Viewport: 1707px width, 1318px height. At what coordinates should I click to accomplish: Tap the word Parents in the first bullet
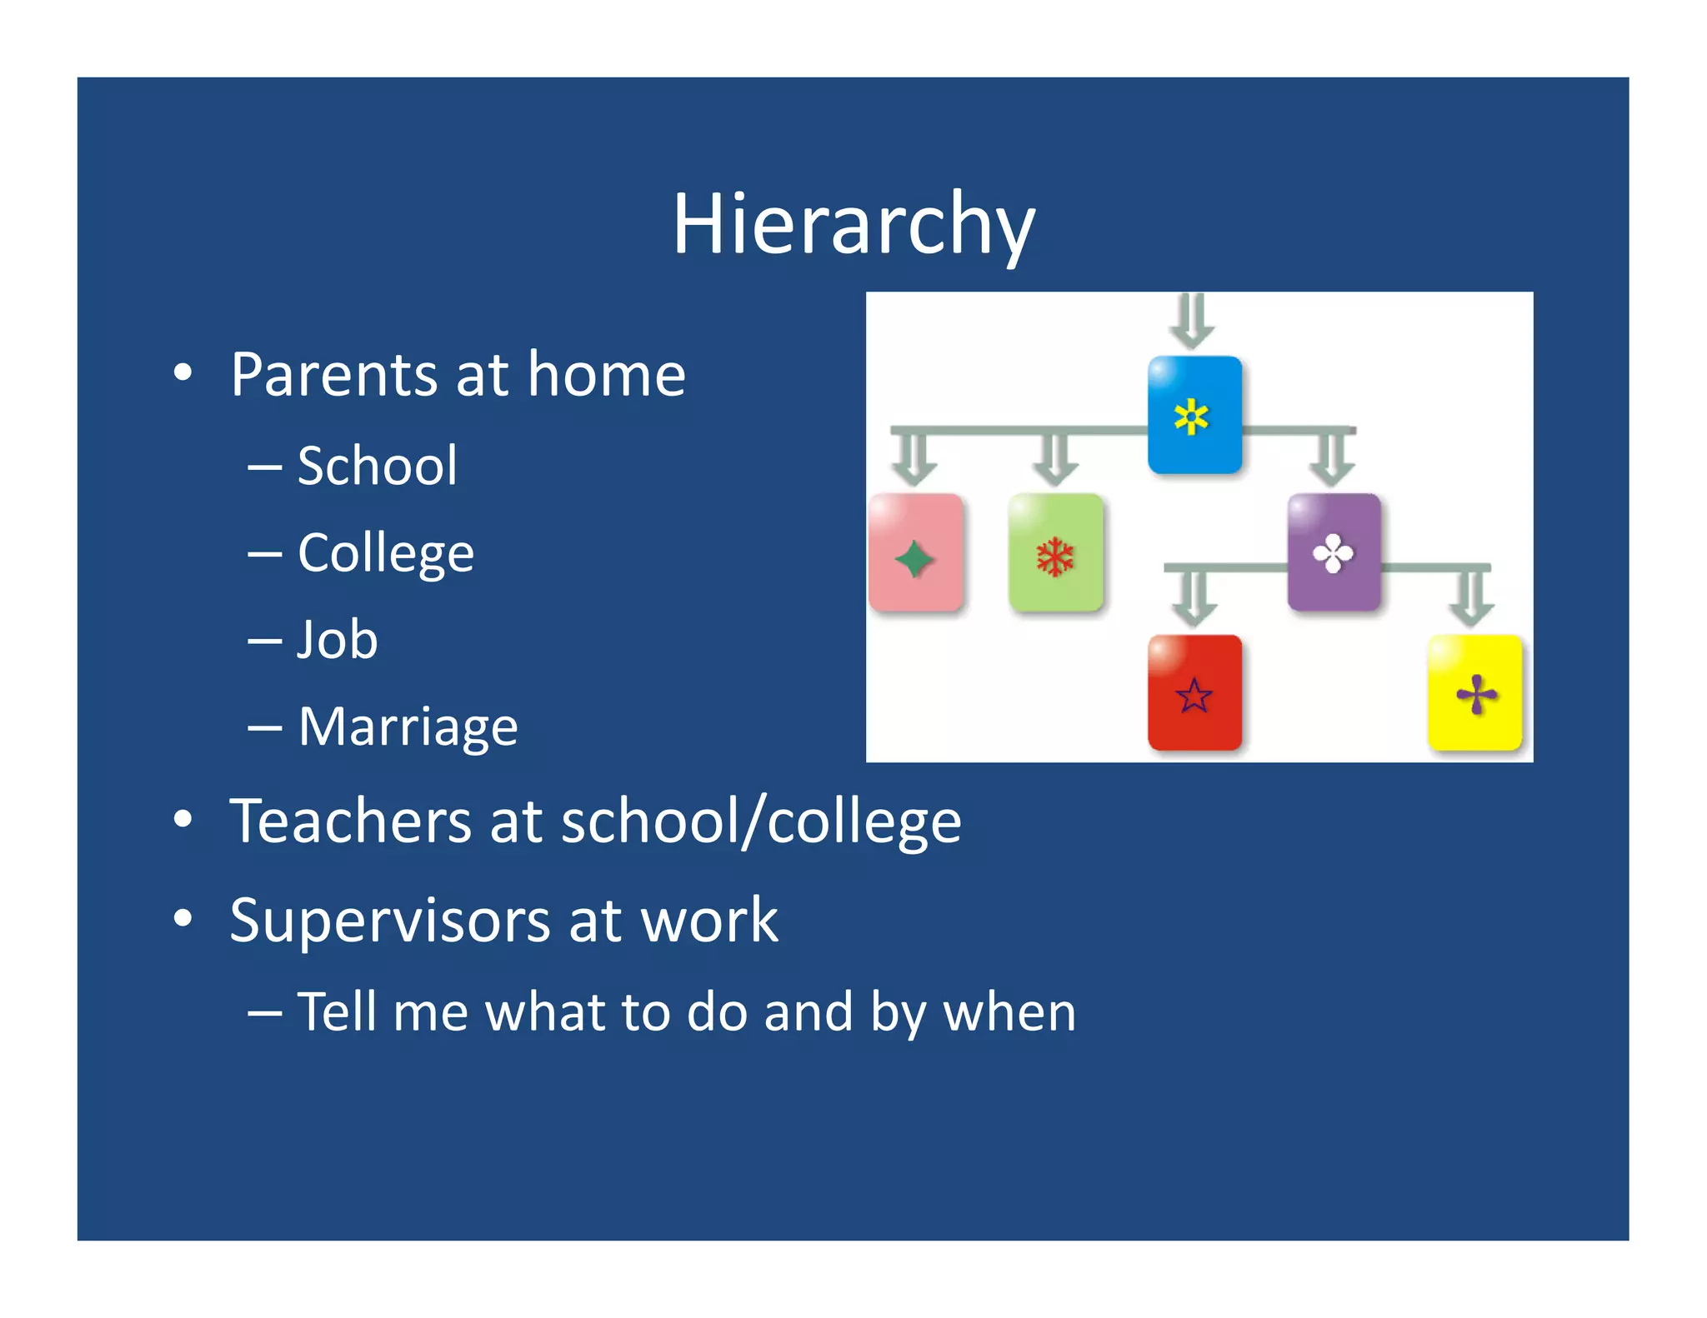coord(333,375)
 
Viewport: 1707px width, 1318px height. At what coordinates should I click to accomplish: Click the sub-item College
coord(386,553)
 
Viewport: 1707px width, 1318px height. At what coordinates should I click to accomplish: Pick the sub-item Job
coord(338,640)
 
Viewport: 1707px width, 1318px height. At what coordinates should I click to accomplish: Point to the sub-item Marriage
coord(408,726)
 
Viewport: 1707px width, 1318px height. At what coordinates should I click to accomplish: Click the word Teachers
coord(350,821)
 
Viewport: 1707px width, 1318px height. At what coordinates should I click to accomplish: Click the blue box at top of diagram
coord(1194,414)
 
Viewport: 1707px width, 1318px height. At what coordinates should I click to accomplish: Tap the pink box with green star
coord(915,552)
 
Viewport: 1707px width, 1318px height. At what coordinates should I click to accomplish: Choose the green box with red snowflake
coord(1055,552)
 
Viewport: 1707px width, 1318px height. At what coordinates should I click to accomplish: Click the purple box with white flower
coord(1333,552)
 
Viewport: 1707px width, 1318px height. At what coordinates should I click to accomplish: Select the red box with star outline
coord(1194,692)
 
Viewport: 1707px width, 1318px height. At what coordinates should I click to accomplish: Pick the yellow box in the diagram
coord(1474,692)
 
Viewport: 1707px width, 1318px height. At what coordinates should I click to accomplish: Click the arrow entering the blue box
coord(1192,321)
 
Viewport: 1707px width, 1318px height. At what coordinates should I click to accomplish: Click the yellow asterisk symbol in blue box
coord(1191,417)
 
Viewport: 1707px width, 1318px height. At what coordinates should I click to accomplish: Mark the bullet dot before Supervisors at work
coord(183,919)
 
